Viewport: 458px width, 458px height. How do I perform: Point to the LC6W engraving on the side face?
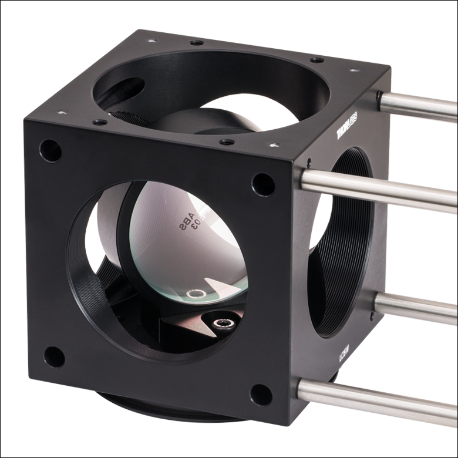[x=343, y=356]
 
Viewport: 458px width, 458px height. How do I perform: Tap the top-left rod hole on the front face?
[x=50, y=151]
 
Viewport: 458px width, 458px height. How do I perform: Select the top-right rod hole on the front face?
[x=262, y=184]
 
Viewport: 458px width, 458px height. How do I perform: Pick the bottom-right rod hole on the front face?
[x=261, y=395]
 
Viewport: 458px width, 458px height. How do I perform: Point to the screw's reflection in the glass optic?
[x=196, y=294]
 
